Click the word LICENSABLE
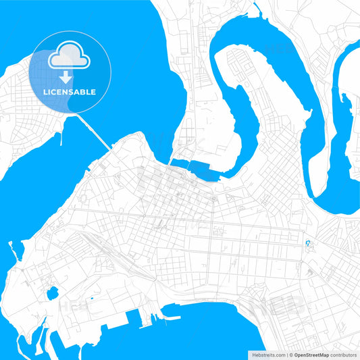(70, 92)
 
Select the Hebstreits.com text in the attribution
(267, 354)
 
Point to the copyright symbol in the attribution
(290, 354)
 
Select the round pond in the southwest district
(52, 293)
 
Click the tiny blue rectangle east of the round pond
(91, 298)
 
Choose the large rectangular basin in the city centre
(205, 170)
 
